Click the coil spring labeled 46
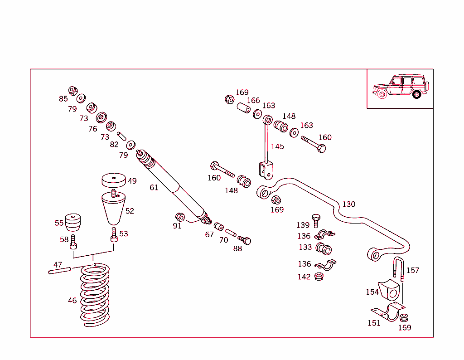click(95, 297)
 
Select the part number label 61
click(154, 187)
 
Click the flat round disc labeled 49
click(113, 179)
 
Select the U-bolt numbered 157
click(398, 268)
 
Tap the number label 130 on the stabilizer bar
click(348, 204)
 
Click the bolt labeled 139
click(316, 221)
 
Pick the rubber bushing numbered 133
click(324, 248)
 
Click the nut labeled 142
click(319, 276)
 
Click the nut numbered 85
click(73, 91)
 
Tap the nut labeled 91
click(179, 217)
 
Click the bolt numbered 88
click(245, 240)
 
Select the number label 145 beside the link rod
click(277, 146)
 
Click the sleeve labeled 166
click(244, 109)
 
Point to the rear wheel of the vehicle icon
click(416, 94)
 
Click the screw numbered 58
click(73, 243)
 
